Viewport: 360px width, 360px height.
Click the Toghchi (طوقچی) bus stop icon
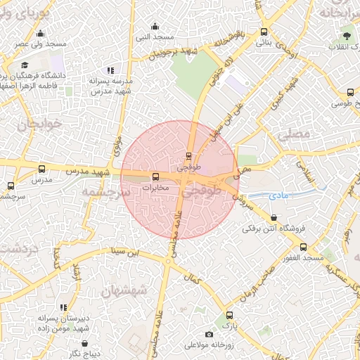click(188, 156)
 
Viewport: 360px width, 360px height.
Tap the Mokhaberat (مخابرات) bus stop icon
click(155, 176)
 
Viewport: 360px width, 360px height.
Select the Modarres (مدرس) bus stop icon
click(41, 169)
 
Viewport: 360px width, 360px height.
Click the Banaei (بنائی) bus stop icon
click(264, 32)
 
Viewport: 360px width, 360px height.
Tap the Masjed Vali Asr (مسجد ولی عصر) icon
click(40, 33)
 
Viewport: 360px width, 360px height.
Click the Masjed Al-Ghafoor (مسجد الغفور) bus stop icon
click(304, 247)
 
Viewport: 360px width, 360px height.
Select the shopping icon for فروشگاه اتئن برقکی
click(273, 217)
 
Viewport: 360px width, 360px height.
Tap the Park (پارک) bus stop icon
click(229, 315)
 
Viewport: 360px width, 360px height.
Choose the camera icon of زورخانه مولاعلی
click(209, 334)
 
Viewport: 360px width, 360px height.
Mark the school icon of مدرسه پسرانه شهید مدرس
click(110, 70)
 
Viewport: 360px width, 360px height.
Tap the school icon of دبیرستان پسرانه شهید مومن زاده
click(65, 307)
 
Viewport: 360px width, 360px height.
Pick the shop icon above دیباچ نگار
click(85, 343)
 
